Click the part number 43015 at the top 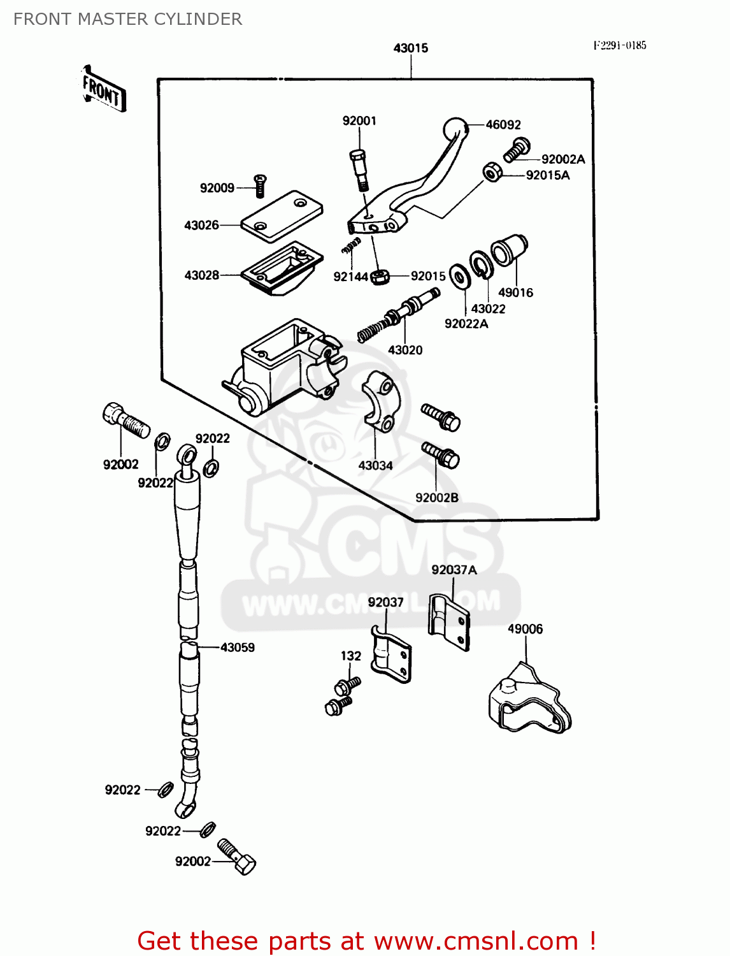tap(411, 48)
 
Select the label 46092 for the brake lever tap(503, 125)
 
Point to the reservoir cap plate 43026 tap(282, 215)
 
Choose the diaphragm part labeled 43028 tap(282, 268)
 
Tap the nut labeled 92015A tap(492, 172)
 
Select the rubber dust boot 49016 tap(509, 250)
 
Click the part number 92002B tap(437, 498)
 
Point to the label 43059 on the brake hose tap(238, 648)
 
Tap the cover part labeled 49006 tap(529, 701)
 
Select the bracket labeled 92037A tap(449, 621)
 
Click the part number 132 tap(351, 656)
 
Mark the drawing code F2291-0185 tap(620, 45)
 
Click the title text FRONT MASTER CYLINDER tap(127, 19)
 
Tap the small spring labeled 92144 tap(350, 245)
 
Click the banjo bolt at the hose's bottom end tap(237, 857)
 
